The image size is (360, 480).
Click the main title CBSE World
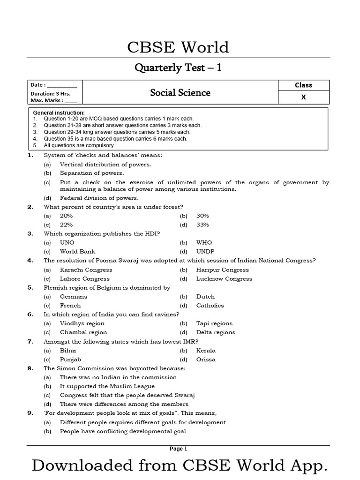pos(178,47)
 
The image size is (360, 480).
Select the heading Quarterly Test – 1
pos(178,68)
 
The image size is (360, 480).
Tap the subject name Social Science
pos(180,92)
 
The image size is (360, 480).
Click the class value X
pos(303,97)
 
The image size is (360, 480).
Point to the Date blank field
pos(61,85)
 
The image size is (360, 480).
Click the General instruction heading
pos(59,113)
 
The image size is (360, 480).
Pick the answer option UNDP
pos(205,251)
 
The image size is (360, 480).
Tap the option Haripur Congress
pos(223,270)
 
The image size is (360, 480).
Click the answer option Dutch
pos(205,296)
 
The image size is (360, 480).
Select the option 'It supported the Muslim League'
pos(107,386)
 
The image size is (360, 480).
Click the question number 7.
pos(30,341)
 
